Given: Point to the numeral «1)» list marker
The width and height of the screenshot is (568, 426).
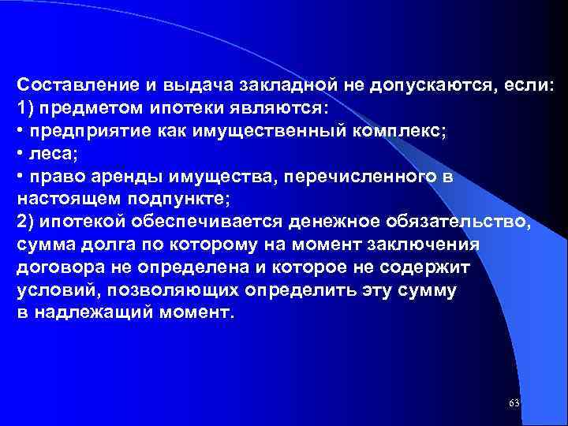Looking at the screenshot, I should click(24, 106).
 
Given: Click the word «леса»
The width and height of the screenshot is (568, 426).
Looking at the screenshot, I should click(47, 152).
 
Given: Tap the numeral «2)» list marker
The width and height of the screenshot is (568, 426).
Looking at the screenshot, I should click(24, 220).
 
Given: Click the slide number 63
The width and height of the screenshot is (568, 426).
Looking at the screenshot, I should click(514, 403).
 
